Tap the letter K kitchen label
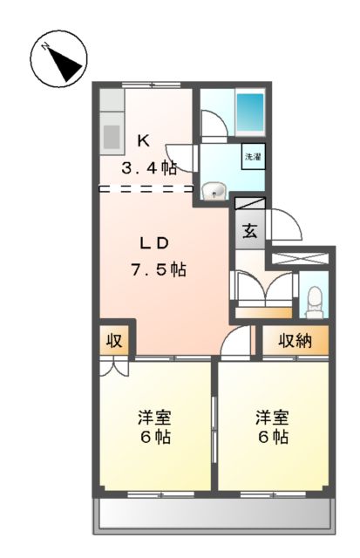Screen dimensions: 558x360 coord(145,139)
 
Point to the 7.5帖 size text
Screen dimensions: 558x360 coord(158,269)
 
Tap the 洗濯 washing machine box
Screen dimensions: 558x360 coord(253,158)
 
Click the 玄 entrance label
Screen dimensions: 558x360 coord(249,232)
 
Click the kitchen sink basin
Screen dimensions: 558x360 coord(112,136)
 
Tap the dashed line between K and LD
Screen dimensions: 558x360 coord(146,187)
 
